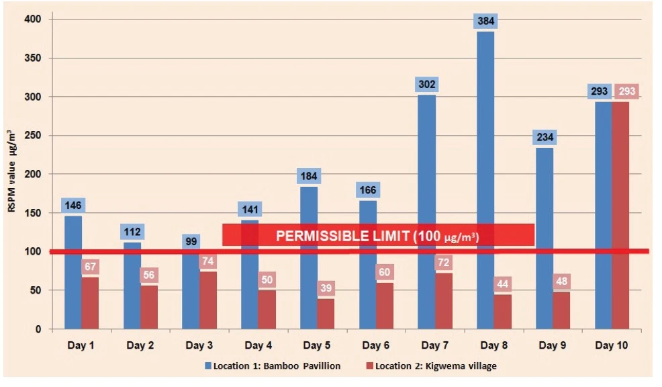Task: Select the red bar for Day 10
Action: (620, 215)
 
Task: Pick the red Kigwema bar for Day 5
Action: (326, 314)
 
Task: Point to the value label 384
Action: (486, 21)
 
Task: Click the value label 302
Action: (427, 85)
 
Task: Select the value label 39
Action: (326, 288)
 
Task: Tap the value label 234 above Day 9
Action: (545, 137)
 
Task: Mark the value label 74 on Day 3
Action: (207, 261)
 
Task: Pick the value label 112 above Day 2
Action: (132, 232)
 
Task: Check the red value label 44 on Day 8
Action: (503, 284)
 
